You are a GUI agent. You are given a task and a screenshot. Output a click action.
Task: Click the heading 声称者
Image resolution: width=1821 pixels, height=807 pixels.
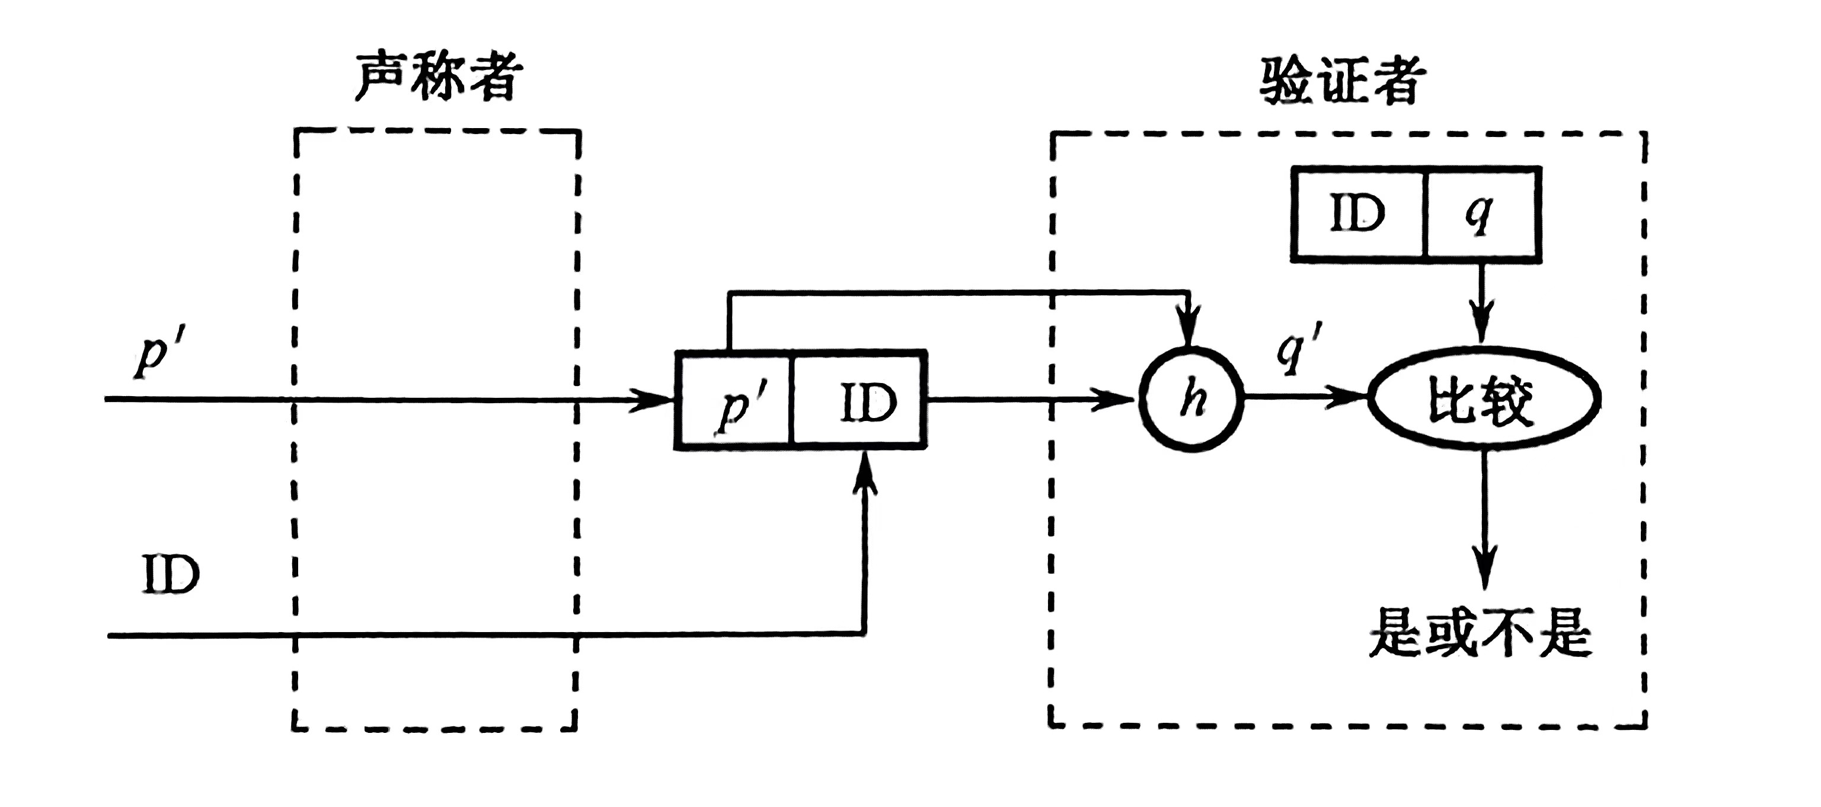pyautogui.click(x=438, y=76)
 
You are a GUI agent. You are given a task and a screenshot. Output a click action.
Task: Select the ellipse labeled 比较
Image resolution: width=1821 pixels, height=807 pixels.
pyautogui.click(x=1483, y=399)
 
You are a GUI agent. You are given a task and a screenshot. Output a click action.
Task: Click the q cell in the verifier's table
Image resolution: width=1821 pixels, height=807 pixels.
pyautogui.click(x=1480, y=213)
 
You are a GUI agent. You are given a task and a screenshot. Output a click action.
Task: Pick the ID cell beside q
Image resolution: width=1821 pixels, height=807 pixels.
pyautogui.click(x=1357, y=213)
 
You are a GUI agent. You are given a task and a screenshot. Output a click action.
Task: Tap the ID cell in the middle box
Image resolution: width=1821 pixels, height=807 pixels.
pyautogui.click(x=860, y=400)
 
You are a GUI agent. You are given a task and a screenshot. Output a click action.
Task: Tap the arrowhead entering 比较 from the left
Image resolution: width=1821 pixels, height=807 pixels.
pyautogui.click(x=1347, y=397)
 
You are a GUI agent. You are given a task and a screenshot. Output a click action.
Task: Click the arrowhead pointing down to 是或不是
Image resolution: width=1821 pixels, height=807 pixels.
pyautogui.click(x=1484, y=570)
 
